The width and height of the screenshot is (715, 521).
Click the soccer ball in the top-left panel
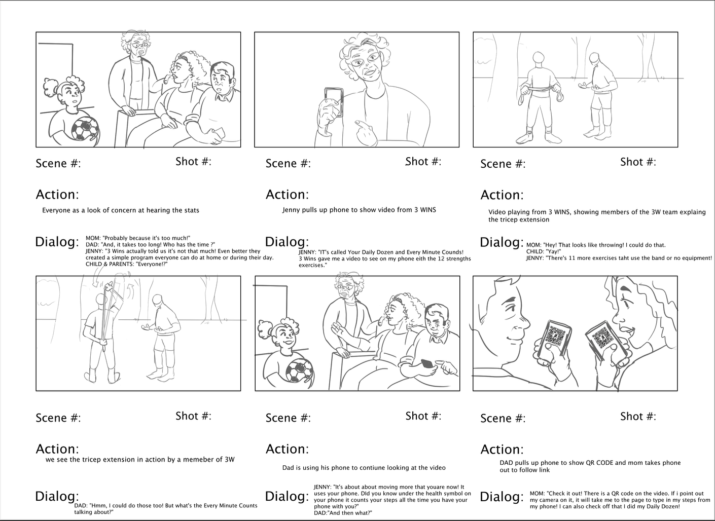[x=85, y=129]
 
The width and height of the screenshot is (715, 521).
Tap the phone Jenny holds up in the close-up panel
[x=334, y=102]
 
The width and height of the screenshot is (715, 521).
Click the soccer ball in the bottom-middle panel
[x=300, y=370]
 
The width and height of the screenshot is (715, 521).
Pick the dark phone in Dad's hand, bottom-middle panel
[x=427, y=364]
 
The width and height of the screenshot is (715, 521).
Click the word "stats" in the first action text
[x=191, y=210]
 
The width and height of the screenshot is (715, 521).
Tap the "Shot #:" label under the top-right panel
[x=638, y=162]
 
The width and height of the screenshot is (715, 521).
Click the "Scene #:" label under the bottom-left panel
[x=58, y=418]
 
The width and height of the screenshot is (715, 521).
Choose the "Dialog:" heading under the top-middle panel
[x=287, y=242]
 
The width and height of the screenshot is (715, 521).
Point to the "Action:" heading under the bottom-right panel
[x=502, y=450]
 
